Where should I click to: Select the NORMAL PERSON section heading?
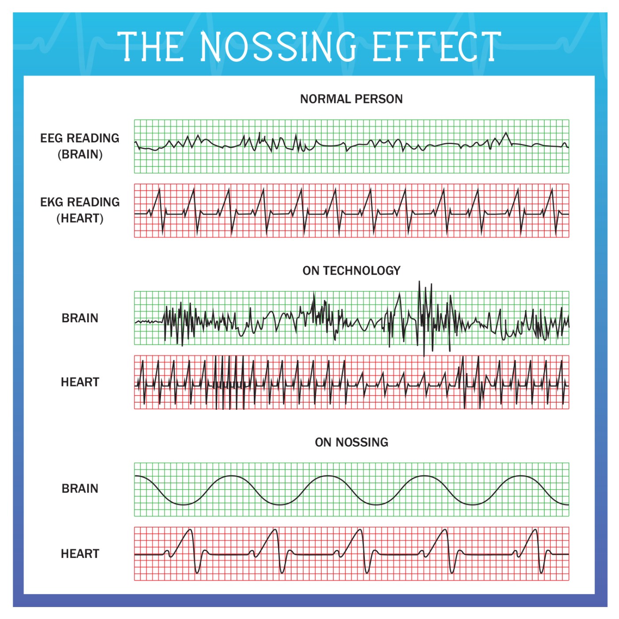(x=352, y=99)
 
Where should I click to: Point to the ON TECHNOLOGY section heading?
(x=352, y=271)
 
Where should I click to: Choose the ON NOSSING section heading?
(x=352, y=442)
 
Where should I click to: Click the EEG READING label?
(x=80, y=138)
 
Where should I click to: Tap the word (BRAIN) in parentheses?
(x=80, y=154)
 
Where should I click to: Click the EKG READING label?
(x=80, y=202)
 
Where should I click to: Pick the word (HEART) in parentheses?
(x=80, y=218)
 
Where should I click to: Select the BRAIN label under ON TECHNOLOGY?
(x=80, y=318)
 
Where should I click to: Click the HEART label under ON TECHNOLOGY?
(x=80, y=382)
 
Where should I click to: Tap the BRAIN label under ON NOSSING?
(x=80, y=489)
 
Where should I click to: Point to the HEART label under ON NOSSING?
(x=80, y=554)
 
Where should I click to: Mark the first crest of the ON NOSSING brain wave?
(x=231, y=476)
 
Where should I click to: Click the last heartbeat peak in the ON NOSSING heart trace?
(x=535, y=530)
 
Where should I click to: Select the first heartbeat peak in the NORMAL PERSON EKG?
(x=160, y=189)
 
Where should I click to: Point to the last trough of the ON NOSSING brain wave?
(x=473, y=504)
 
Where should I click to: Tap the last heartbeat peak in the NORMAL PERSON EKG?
(x=552, y=189)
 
